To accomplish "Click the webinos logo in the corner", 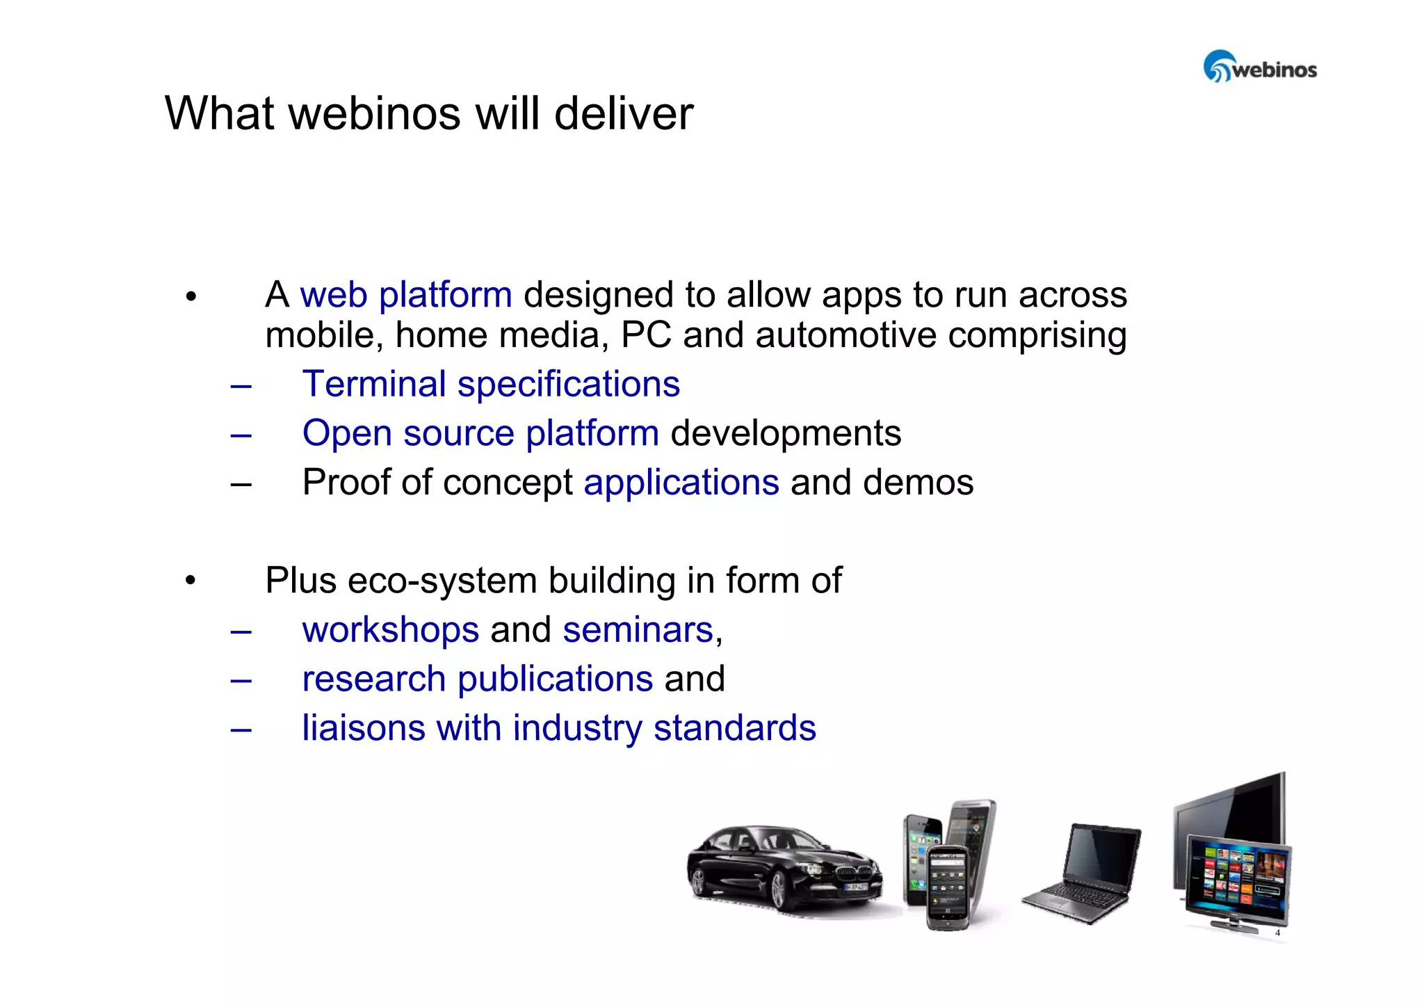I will pos(1259,67).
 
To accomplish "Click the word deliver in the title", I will pos(624,113).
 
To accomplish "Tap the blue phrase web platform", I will pos(406,295).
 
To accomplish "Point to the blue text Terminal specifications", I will pos(491,385).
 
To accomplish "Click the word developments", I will pos(786,433).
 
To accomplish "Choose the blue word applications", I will pos(681,483).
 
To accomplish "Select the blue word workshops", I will pos(391,630).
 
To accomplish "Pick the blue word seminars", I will pos(638,630).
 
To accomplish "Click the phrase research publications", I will pos(478,679).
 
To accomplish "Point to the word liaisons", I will pos(364,728).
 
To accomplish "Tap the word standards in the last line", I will pos(734,728).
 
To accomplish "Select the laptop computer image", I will pos(1083,873).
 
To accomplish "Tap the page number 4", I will pos(1277,933).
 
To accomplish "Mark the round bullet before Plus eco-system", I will pos(191,580).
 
